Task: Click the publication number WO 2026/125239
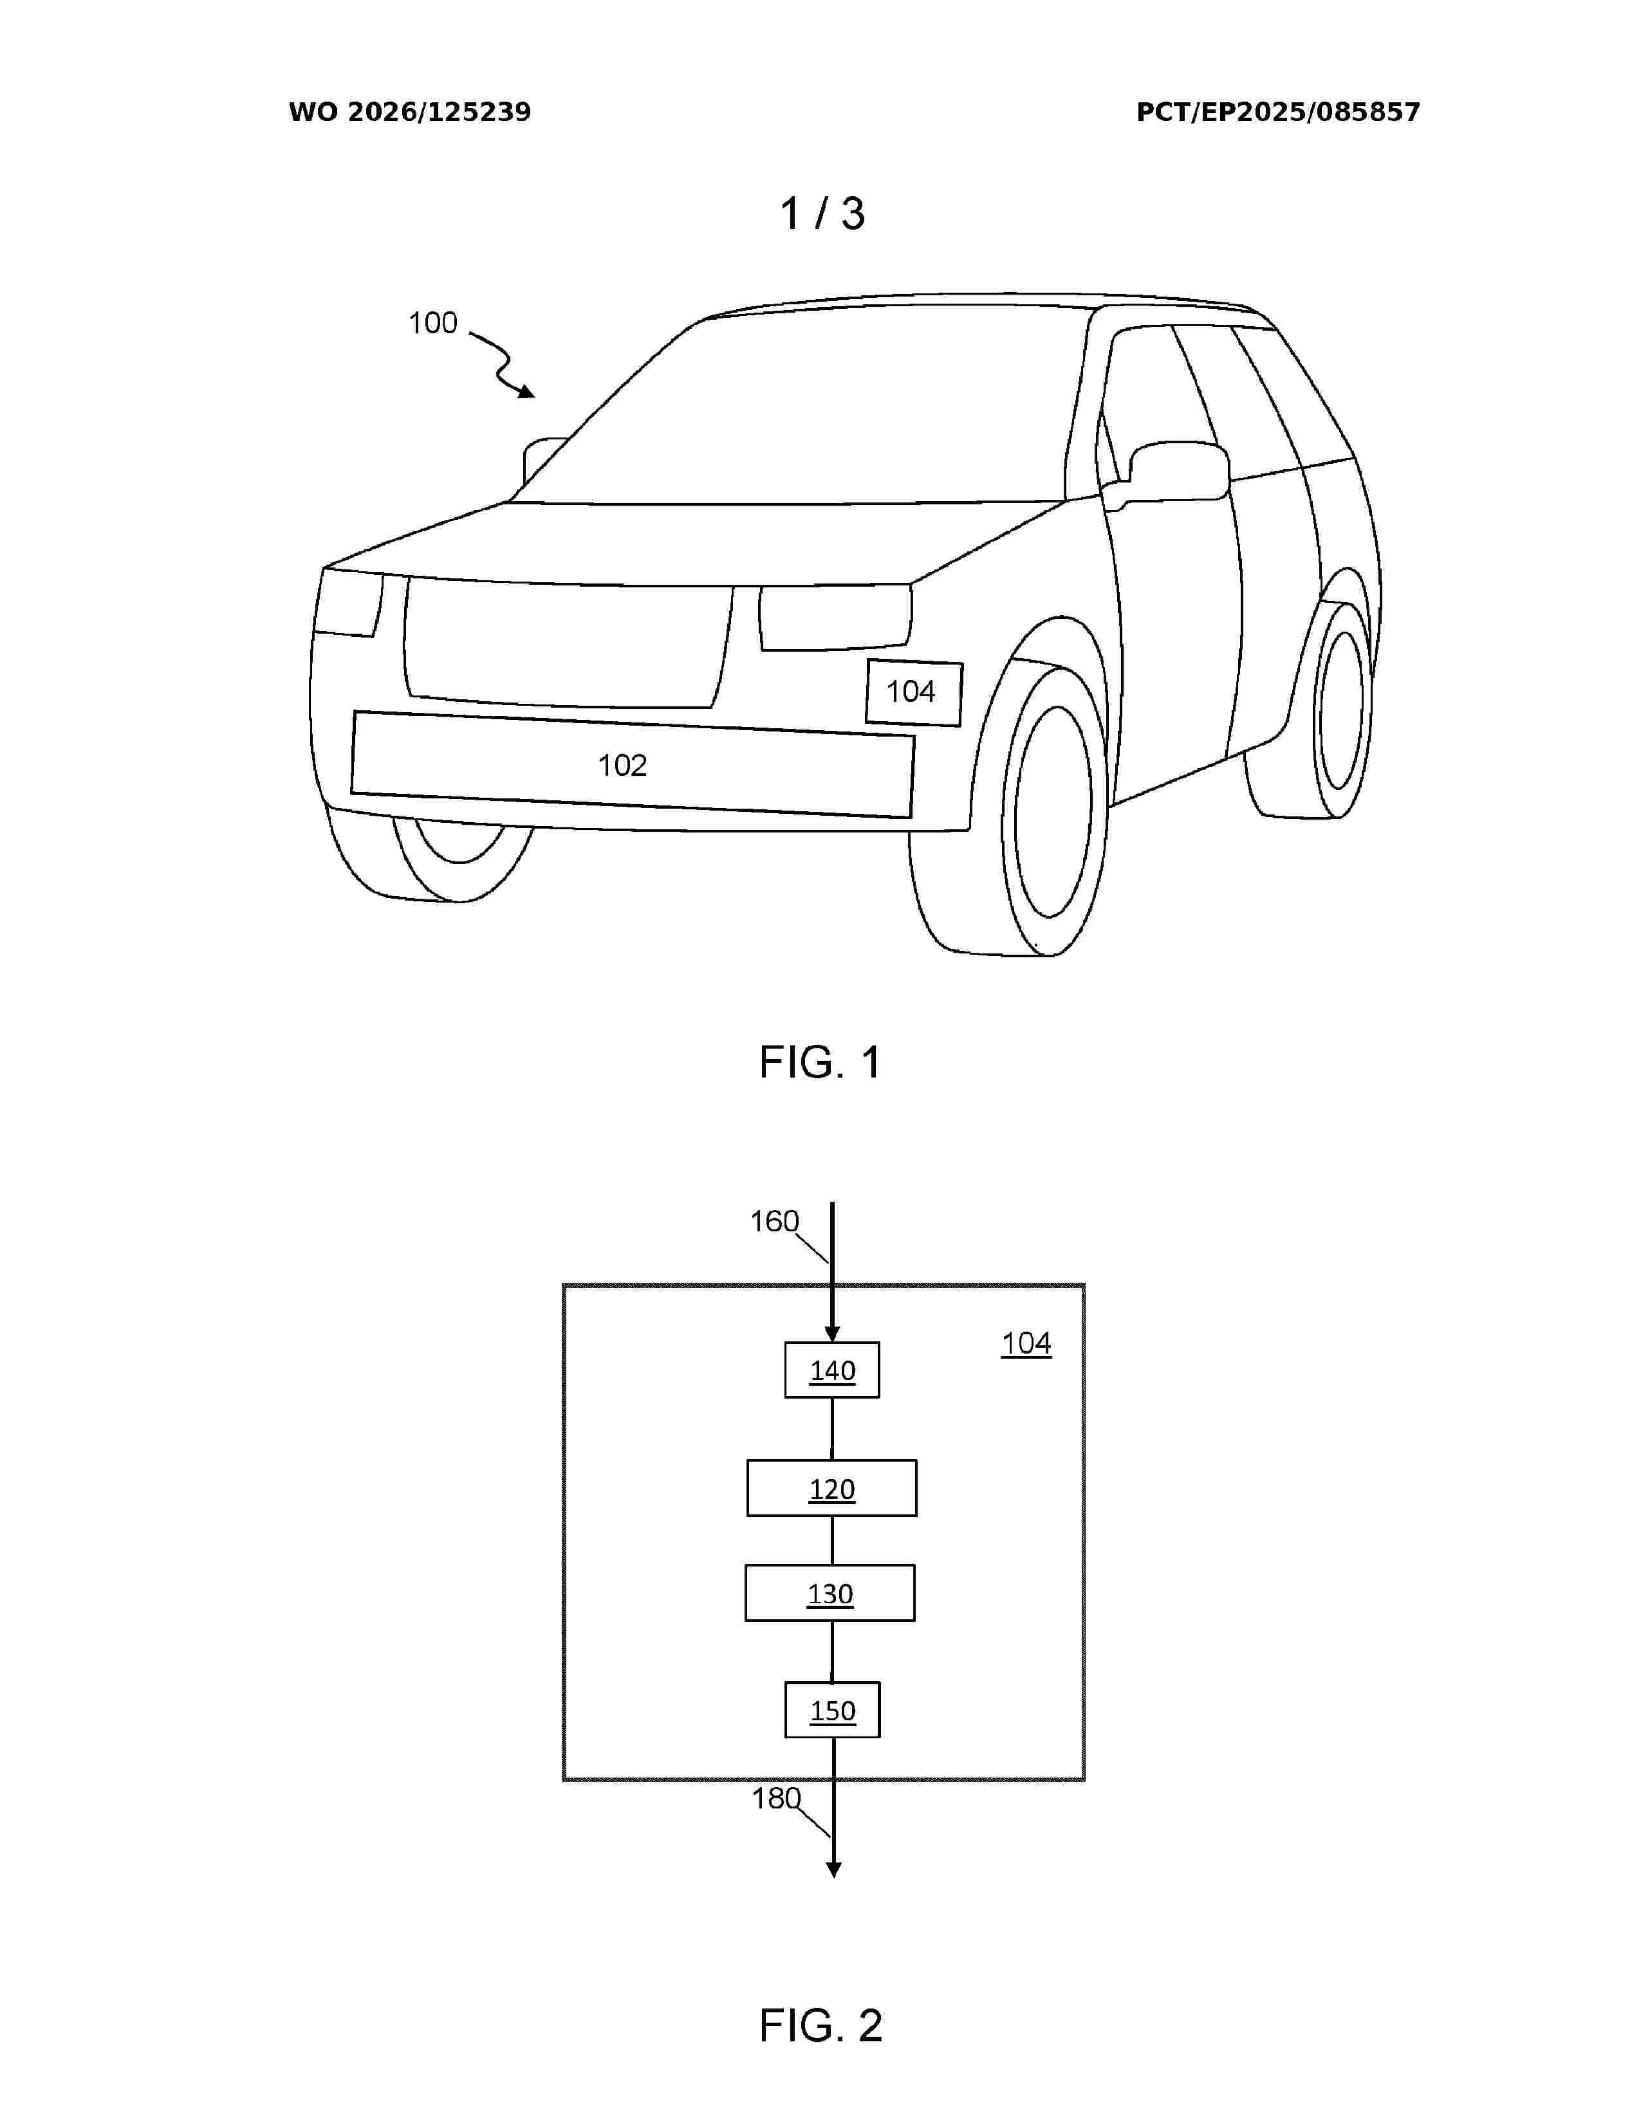tap(409, 112)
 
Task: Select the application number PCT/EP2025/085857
tap(1277, 112)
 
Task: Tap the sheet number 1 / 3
tap(822, 214)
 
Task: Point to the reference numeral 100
tap(432, 323)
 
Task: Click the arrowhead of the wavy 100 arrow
tap(527, 392)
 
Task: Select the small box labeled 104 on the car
tap(914, 693)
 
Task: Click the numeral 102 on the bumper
tap(622, 766)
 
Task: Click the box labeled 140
tap(832, 1370)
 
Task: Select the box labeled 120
tap(832, 1488)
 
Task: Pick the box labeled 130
tap(830, 1594)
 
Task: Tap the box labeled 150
tap(832, 1710)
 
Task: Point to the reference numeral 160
tap(774, 1221)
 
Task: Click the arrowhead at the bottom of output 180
tap(833, 1870)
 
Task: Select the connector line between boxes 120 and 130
tap(832, 1541)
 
